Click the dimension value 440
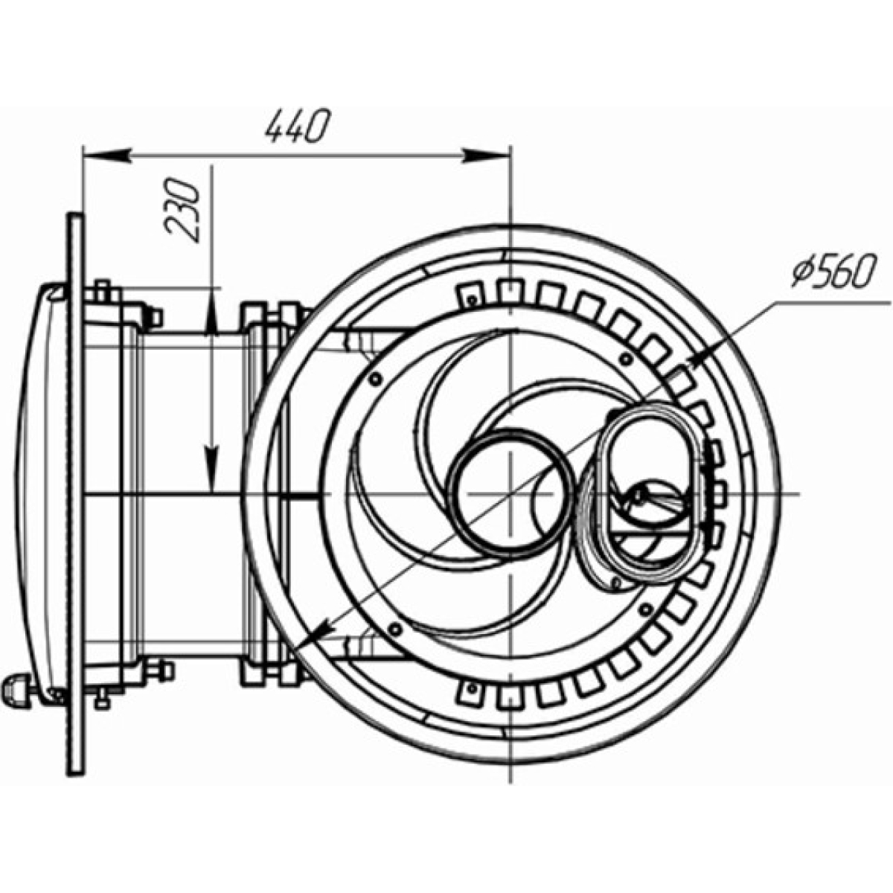pyautogui.click(x=298, y=126)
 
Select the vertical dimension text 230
pyautogui.click(x=181, y=210)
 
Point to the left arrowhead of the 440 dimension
pyautogui.click(x=106, y=156)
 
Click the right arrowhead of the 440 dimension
pyautogui.click(x=486, y=156)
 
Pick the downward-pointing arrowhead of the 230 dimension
pyautogui.click(x=212, y=469)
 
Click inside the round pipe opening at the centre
pyautogui.click(x=510, y=493)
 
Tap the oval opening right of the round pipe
pyautogui.click(x=654, y=493)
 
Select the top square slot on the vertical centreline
pyautogui.click(x=510, y=290)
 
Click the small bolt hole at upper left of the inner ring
pyautogui.click(x=375, y=379)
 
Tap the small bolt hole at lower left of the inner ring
pyautogui.click(x=395, y=629)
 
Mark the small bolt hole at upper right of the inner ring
pyautogui.click(x=627, y=358)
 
